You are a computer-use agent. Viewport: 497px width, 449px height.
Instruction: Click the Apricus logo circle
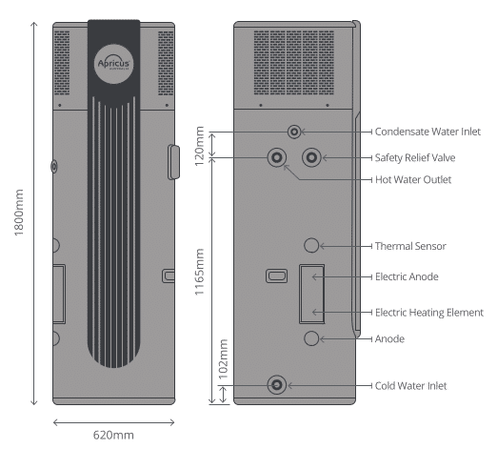[113, 64]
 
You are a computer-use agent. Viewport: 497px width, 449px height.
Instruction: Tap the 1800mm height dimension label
[19, 213]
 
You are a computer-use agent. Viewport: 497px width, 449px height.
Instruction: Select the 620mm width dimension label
[113, 435]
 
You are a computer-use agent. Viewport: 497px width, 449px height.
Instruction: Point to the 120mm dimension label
[199, 146]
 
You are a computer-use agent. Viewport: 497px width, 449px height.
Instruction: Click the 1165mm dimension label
[199, 272]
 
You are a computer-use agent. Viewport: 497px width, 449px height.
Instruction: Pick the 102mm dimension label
[224, 359]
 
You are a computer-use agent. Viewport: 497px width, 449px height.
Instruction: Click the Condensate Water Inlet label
[427, 132]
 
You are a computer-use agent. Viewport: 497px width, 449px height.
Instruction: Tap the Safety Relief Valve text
[415, 157]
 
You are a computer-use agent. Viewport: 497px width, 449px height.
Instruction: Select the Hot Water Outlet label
[413, 179]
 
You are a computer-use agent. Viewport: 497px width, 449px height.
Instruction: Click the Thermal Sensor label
[410, 246]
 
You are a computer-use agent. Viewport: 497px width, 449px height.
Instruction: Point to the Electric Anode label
[407, 276]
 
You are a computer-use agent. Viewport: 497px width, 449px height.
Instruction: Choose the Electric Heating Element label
[429, 313]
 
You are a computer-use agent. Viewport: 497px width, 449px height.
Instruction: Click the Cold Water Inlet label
[410, 386]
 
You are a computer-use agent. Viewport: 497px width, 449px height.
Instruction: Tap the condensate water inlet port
[294, 132]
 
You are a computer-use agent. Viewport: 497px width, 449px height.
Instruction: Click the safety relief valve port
[311, 157]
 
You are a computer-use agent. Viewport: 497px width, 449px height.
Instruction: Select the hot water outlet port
[277, 157]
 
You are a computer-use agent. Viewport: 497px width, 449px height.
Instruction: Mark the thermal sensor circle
[311, 245]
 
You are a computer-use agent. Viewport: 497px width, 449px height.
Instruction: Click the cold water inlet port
[277, 385]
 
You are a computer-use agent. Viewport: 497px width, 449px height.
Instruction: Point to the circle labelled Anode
[311, 338]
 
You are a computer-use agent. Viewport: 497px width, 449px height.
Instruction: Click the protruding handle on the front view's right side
[173, 162]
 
